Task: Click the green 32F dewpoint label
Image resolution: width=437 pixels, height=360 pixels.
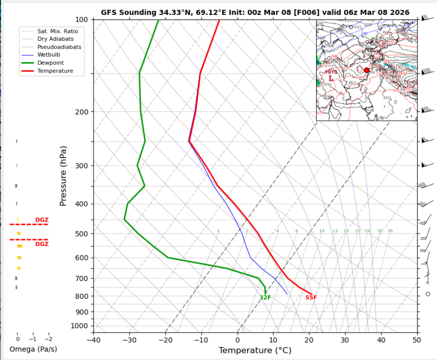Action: coord(265,297)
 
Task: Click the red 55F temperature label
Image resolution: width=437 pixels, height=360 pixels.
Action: coord(311,297)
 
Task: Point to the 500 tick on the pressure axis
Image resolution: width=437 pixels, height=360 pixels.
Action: coord(81,234)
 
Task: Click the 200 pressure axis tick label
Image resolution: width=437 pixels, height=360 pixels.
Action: coord(81,112)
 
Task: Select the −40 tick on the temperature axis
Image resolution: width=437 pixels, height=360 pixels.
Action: coord(93,340)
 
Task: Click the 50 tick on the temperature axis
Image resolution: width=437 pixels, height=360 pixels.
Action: coord(417,340)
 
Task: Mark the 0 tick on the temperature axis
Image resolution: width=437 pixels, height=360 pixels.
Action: coord(237,340)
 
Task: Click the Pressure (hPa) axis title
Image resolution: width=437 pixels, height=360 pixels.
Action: coord(63,176)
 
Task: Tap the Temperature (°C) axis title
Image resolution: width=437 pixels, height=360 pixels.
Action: coord(254,351)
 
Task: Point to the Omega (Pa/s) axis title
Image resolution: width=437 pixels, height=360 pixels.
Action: coord(33,350)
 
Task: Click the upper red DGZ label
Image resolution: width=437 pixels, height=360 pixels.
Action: coord(42,220)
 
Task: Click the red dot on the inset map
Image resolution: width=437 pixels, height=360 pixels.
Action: coord(367,70)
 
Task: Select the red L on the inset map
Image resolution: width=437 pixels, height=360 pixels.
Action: coord(331,79)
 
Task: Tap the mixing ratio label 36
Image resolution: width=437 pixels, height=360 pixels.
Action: coord(390,231)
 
